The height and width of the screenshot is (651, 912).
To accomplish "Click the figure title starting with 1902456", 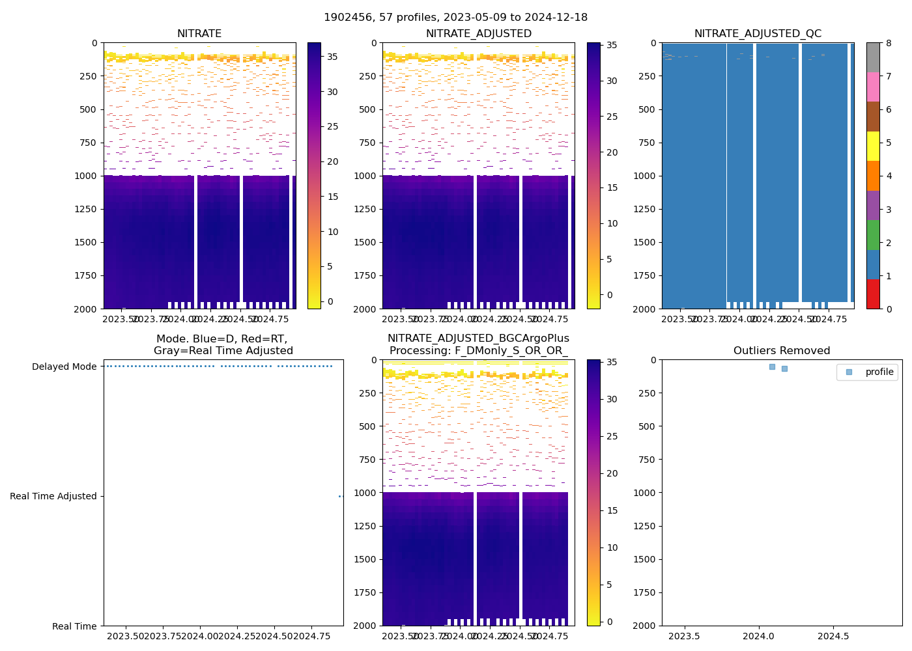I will click(455, 18).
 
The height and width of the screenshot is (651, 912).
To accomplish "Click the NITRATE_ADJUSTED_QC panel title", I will click(758, 34).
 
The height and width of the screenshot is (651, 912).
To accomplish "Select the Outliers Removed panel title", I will click(782, 351).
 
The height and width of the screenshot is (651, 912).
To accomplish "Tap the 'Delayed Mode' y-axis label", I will click(64, 367).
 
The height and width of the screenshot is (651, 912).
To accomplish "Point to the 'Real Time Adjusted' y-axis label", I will click(53, 496).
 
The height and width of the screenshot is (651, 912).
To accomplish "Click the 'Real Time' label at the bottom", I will click(74, 626).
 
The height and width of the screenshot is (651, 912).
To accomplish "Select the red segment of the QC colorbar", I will click(873, 294).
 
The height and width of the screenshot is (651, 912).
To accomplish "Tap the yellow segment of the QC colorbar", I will click(873, 146).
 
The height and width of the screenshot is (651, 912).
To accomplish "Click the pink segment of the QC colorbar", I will click(873, 87).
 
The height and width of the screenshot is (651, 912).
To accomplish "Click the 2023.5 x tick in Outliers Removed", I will click(684, 636).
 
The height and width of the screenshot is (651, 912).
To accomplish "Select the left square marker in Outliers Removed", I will click(772, 367).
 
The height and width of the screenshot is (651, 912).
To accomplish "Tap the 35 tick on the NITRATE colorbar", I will click(332, 57).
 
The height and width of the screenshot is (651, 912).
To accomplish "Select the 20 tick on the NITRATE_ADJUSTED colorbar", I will click(612, 152).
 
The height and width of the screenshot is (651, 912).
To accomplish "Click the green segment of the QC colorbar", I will click(873, 234).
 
